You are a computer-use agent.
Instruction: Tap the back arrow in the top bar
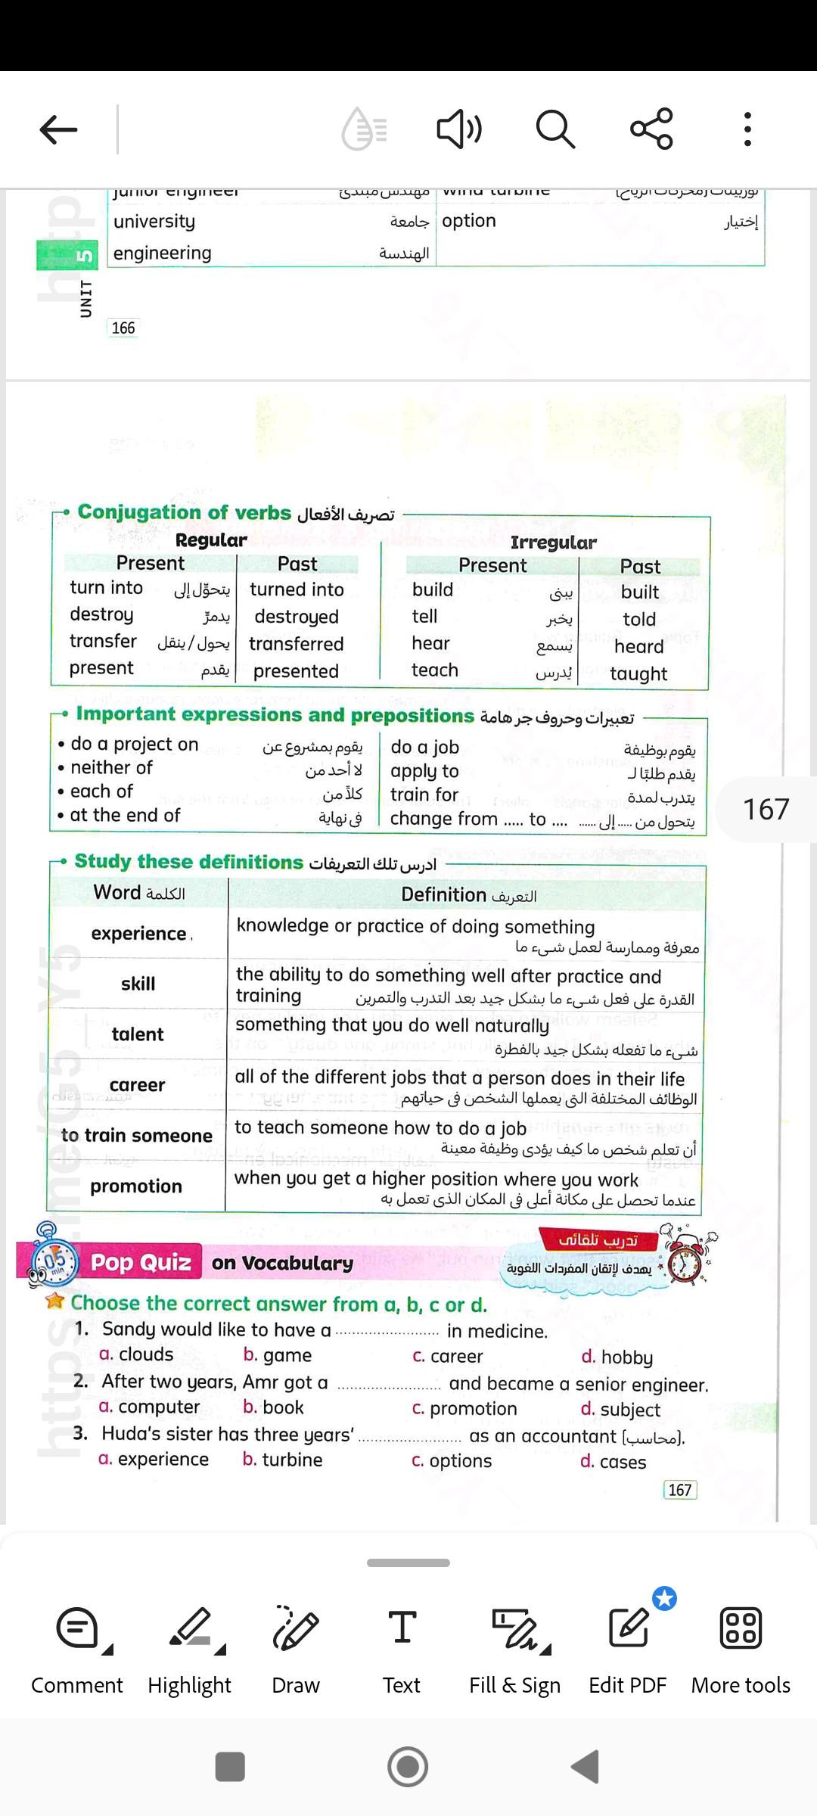58,130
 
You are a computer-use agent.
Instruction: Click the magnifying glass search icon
555,129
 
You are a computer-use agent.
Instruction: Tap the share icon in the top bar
651,129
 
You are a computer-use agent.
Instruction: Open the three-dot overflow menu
747,129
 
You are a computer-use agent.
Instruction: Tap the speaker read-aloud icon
459,129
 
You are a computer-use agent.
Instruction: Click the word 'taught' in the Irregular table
638,674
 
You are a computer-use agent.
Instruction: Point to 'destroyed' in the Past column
297,617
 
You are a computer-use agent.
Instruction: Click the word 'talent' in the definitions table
138,1034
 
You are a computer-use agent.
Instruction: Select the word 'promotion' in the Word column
136,1186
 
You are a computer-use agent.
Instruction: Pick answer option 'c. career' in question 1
448,1357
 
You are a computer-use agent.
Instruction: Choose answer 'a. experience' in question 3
154,1460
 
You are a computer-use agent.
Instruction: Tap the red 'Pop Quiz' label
141,1263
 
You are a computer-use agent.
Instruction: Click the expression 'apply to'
424,771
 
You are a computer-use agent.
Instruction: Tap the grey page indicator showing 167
766,809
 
